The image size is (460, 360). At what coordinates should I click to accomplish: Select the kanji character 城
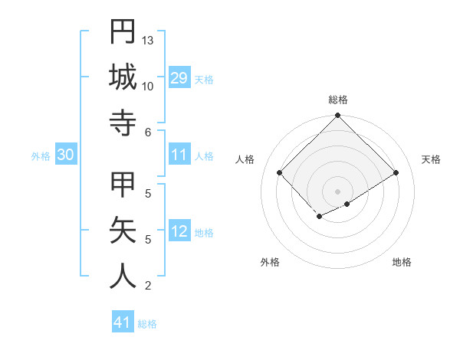tap(123, 77)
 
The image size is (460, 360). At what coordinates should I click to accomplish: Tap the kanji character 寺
tap(123, 123)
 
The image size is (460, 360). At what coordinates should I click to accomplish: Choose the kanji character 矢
tap(123, 231)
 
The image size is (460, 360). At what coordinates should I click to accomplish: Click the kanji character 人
tap(123, 277)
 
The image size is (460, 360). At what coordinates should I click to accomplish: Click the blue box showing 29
tap(179, 78)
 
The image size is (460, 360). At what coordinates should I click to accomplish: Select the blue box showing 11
tap(179, 155)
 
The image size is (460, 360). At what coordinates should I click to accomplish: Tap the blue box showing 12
tap(179, 232)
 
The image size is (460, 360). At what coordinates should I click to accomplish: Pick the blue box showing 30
tap(66, 155)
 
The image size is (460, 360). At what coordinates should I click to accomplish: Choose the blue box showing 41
tap(123, 322)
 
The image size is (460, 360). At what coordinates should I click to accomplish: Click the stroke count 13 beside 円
tap(148, 40)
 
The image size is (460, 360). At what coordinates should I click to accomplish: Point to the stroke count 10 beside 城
tap(148, 86)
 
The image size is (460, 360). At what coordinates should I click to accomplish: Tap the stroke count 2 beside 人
tap(147, 286)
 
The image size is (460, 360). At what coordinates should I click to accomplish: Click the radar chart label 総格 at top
tap(338, 100)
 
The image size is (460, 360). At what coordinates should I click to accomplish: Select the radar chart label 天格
tap(431, 159)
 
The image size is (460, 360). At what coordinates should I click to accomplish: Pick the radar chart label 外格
tap(270, 262)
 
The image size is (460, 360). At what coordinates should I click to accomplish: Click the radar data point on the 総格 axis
tap(338, 116)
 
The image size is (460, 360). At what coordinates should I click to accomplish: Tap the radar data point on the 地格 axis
tap(347, 204)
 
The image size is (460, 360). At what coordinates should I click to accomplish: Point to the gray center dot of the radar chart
tap(338, 191)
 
